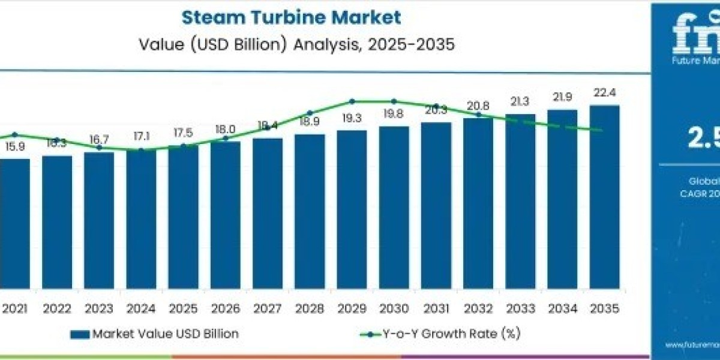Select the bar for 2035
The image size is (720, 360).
click(604, 198)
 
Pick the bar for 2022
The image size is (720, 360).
click(57, 222)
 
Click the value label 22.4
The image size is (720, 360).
click(604, 92)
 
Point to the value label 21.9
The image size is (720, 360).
click(562, 97)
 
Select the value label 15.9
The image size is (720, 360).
click(15, 146)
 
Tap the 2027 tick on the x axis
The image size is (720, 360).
click(268, 310)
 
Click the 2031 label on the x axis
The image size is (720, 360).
click(436, 310)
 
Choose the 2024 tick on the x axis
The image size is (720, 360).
click(141, 310)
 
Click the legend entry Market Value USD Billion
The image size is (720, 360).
click(165, 334)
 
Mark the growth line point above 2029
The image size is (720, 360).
click(352, 101)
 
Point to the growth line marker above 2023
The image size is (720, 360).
click(99, 148)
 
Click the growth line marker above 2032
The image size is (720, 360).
click(478, 114)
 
